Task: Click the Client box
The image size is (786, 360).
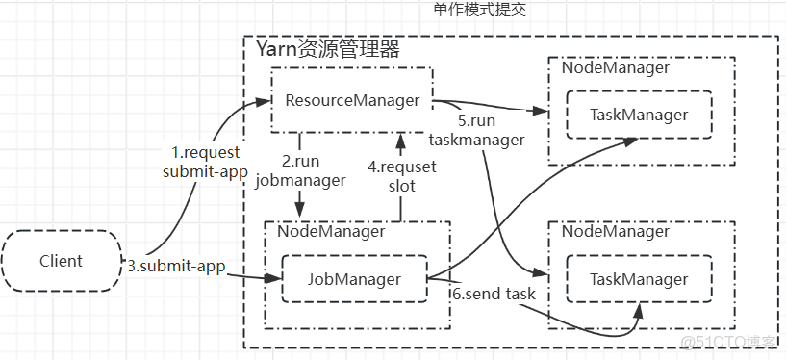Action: pos(61,261)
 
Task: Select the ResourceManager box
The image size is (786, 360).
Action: pos(351,100)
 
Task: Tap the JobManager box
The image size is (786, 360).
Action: pos(353,279)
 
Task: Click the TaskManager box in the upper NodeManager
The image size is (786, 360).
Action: pos(639,115)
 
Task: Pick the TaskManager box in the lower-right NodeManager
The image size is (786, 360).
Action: pos(639,279)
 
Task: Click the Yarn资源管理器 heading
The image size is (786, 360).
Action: pos(327,49)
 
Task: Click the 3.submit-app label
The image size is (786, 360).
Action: pos(176,266)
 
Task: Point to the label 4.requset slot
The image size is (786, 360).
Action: pos(403,175)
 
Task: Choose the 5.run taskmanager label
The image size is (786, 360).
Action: pos(491,131)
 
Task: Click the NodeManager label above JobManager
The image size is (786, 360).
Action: pos(331,231)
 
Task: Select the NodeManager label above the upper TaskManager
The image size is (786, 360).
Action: pos(615,68)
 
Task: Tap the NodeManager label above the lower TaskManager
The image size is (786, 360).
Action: pos(615,231)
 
